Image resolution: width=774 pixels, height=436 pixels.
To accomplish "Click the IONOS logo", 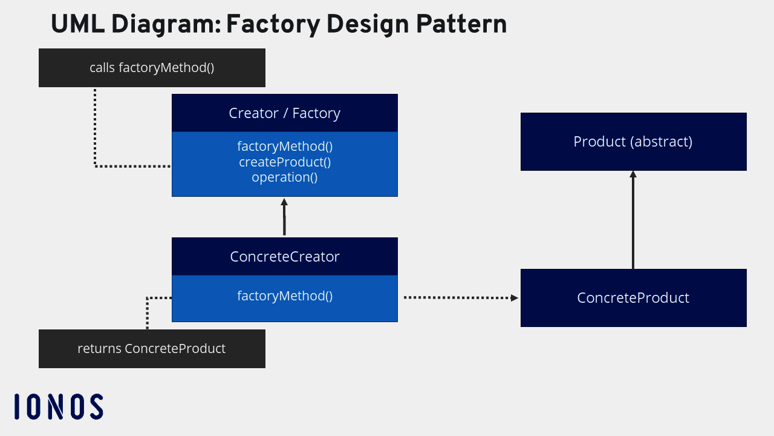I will click(59, 406).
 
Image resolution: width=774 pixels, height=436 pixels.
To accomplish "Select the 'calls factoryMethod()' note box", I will click(152, 68).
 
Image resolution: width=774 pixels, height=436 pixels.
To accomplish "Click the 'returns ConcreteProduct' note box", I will click(152, 349).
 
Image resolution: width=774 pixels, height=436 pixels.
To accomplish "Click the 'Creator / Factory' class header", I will click(284, 113).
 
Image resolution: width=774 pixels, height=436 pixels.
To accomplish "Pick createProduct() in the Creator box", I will click(284, 162).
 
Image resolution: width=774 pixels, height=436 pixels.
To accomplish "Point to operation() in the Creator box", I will click(284, 177).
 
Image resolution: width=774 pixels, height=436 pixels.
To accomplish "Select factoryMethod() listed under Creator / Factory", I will click(284, 147).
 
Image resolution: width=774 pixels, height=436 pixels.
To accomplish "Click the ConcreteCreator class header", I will click(284, 257).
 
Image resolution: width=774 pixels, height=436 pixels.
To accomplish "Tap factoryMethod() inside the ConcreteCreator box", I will click(284, 296).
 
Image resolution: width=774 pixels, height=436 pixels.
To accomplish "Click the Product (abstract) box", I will click(633, 142).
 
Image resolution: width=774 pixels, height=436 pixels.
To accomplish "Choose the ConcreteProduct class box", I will click(633, 298).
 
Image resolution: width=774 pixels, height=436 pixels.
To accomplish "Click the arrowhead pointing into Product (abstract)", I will click(633, 174).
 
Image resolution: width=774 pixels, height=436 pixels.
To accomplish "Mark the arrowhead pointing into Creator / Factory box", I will click(284, 202).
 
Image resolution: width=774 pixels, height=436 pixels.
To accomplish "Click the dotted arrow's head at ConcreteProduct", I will click(515, 297).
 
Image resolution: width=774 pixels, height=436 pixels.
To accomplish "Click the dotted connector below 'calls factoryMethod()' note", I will click(96, 127).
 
